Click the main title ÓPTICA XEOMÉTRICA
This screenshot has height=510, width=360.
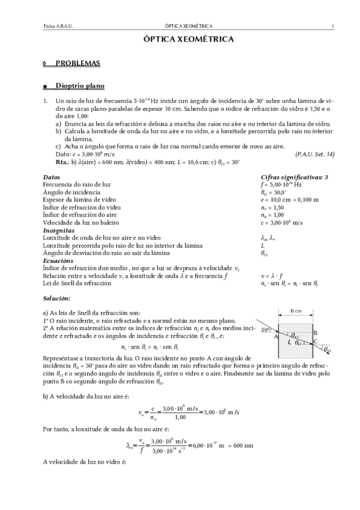coord(180,38)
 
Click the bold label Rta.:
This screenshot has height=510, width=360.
coord(62,162)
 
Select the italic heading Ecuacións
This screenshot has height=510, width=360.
coord(58,260)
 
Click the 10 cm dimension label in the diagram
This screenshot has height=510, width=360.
coord(295,312)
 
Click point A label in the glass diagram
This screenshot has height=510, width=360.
coord(276,337)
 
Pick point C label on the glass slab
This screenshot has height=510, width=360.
coord(316,341)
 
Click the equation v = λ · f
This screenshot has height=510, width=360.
coord(272,275)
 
